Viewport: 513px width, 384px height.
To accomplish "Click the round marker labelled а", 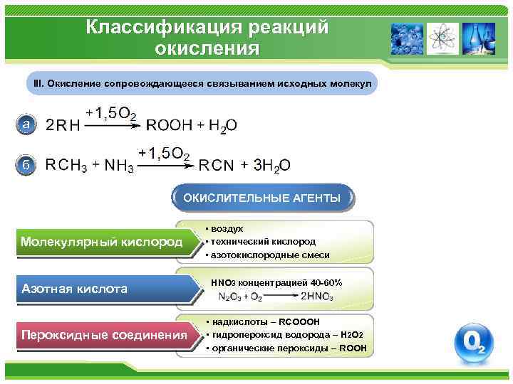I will (26, 124).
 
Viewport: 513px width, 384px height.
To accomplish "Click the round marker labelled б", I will (26, 165).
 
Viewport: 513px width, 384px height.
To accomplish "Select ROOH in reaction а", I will (169, 125).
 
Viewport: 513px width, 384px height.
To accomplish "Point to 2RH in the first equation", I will (63, 126).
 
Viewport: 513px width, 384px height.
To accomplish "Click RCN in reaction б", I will (216, 166).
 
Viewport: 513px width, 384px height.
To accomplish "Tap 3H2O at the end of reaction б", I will (272, 166).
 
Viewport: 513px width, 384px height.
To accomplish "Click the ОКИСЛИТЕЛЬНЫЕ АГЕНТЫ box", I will (261, 197).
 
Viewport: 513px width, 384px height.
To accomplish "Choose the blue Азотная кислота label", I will (75, 289).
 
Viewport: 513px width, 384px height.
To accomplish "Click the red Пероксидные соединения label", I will (104, 335).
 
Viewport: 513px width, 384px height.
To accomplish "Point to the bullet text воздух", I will (226, 229).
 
